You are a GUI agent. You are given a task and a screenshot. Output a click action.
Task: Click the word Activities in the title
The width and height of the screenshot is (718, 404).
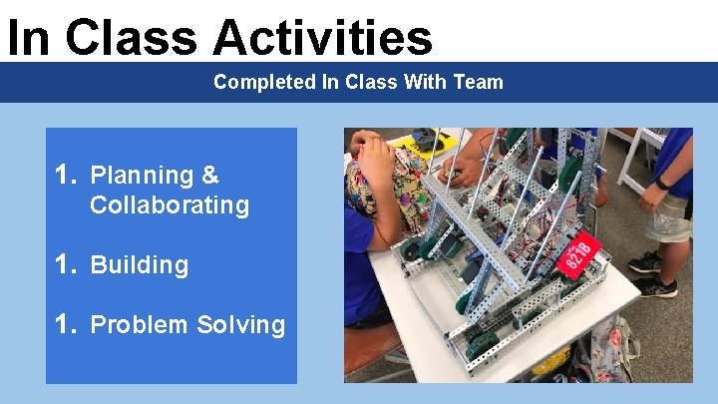[x=322, y=38]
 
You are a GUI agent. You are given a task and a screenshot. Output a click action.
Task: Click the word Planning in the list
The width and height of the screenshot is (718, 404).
[x=141, y=176]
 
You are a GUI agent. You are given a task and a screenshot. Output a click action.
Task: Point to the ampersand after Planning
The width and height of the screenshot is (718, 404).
[x=209, y=176]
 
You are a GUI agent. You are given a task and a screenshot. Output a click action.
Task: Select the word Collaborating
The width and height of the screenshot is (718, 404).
[x=169, y=205]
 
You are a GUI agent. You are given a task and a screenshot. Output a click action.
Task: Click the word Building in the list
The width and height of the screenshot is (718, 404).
[x=139, y=265]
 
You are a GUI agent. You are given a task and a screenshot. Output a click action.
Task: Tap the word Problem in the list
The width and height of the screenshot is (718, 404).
[x=140, y=325]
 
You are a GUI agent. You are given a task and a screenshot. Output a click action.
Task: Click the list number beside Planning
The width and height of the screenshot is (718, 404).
[x=66, y=176]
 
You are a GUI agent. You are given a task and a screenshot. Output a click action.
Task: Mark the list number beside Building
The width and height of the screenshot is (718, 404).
[x=66, y=265]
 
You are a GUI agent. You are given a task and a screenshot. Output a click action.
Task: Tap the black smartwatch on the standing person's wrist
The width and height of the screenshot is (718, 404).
[x=661, y=183]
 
